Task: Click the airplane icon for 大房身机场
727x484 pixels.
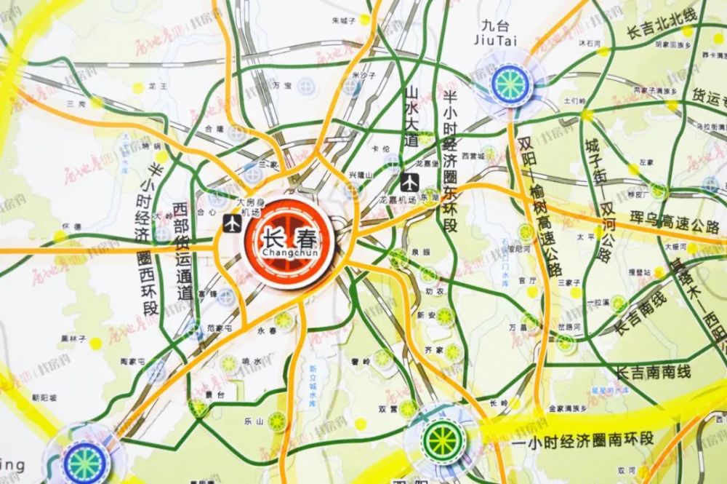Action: (233, 224)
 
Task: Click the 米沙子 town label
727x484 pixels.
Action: (363, 75)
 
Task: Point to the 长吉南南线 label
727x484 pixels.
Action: (654, 373)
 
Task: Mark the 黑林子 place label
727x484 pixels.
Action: (73, 338)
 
